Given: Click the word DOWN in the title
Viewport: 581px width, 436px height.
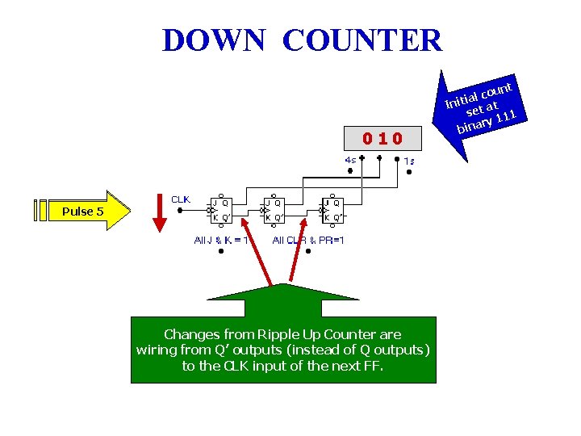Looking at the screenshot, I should point(213,40).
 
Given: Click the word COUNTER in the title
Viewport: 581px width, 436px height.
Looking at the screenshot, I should point(362,40).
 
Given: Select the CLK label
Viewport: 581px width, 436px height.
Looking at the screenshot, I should point(182,199).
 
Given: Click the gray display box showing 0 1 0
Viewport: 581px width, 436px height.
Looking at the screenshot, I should point(382,138).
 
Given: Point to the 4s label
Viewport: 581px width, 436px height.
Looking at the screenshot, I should point(351,160).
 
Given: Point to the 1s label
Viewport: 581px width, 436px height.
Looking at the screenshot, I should point(409,161).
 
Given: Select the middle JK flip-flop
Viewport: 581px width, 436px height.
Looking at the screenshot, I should point(276,210).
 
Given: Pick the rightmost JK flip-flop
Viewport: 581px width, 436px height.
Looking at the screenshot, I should point(332,210).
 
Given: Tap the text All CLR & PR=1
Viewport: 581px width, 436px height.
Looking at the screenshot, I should point(308,240).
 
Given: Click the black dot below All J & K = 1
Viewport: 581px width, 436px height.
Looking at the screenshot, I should point(220,251).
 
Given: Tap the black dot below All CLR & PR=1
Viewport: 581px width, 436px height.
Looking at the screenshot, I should point(308,251).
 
